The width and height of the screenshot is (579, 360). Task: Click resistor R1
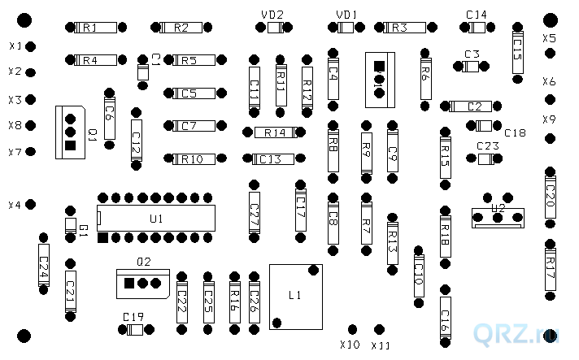coord(90,28)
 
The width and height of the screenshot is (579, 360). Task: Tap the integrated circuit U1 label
coord(156,219)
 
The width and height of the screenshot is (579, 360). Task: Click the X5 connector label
coord(550,38)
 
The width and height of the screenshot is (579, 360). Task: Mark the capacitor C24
coord(43,262)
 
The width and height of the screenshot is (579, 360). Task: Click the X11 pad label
coord(381,345)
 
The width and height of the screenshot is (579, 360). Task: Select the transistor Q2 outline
coord(144,283)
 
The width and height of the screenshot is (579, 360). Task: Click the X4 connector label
coord(14,205)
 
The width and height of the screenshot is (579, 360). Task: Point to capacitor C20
coord(550,195)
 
